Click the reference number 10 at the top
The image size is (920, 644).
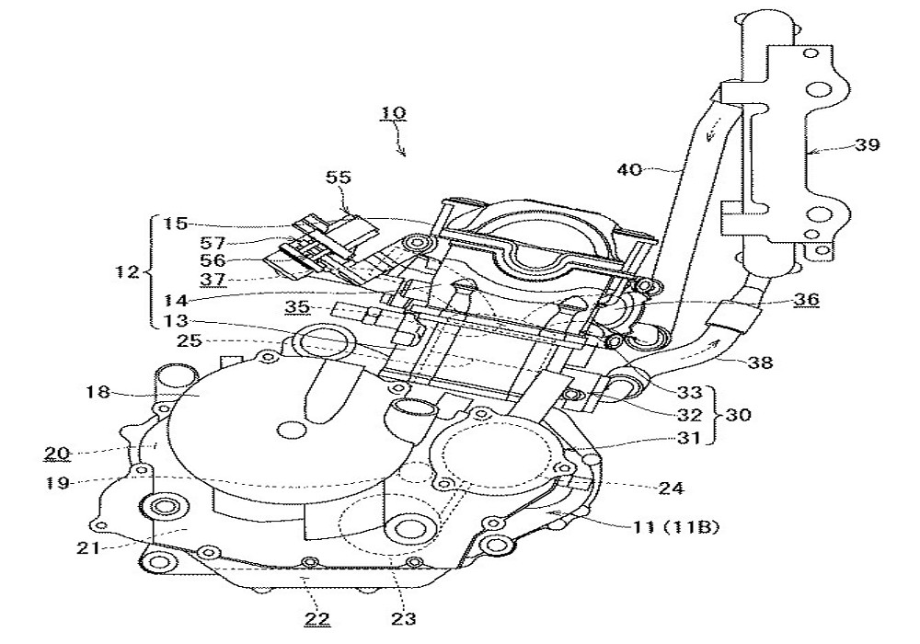(x=394, y=115)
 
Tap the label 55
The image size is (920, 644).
(x=338, y=178)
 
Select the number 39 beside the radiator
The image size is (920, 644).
(x=867, y=145)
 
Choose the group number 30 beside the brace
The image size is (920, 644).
(x=738, y=415)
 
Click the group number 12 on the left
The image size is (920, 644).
(x=129, y=272)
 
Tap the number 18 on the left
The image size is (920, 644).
(x=98, y=393)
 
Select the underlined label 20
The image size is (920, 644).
(x=56, y=453)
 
